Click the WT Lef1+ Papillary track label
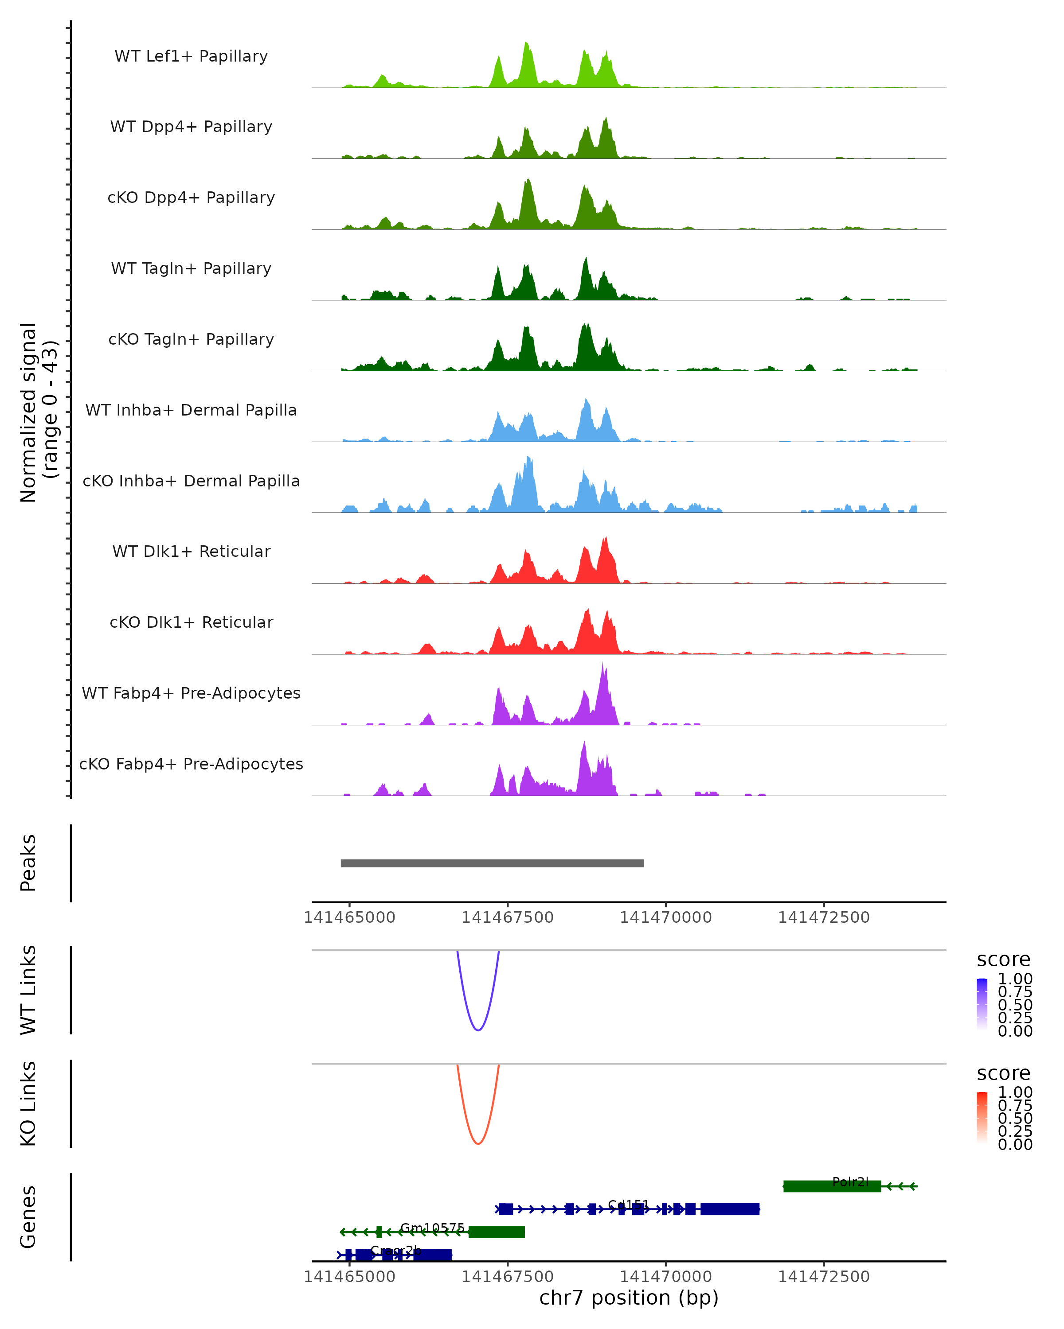[191, 56]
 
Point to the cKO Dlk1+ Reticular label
[191, 622]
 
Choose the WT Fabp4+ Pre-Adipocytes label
[191, 693]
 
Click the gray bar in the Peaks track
[492, 863]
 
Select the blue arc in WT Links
[478, 1030]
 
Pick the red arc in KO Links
[478, 1143]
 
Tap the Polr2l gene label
[850, 1181]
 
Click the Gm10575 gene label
[432, 1228]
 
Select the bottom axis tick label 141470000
[665, 1277]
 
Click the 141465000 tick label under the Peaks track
[349, 917]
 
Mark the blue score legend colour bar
[982, 1003]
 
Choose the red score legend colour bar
[982, 1117]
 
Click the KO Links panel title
[28, 1104]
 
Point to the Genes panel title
[28, 1217]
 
